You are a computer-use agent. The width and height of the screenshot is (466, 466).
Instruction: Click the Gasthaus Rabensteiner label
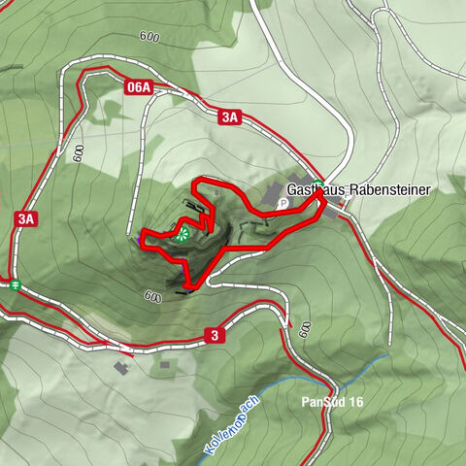[x=357, y=188]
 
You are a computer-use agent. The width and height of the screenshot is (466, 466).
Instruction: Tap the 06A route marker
[x=139, y=88]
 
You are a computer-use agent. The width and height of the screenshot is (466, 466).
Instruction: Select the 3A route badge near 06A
[x=229, y=117]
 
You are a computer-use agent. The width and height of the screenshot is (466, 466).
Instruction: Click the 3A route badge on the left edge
[x=25, y=219]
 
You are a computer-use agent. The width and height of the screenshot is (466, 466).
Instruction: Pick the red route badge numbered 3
[x=213, y=336]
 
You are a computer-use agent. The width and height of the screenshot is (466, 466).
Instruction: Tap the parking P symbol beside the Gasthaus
[x=283, y=205]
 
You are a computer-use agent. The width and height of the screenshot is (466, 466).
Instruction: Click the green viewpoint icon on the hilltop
[x=178, y=231]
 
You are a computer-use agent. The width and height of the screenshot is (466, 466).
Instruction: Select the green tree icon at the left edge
[x=16, y=285]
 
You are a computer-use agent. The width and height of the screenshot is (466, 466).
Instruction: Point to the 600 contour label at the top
[x=149, y=37]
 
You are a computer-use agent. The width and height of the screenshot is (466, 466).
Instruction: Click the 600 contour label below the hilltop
[x=152, y=296]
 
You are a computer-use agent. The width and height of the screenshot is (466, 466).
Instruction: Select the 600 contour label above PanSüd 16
[x=305, y=330]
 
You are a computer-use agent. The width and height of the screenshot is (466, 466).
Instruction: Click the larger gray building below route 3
[x=123, y=368]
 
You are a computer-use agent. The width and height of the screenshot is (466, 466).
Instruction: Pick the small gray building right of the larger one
[x=164, y=365]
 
